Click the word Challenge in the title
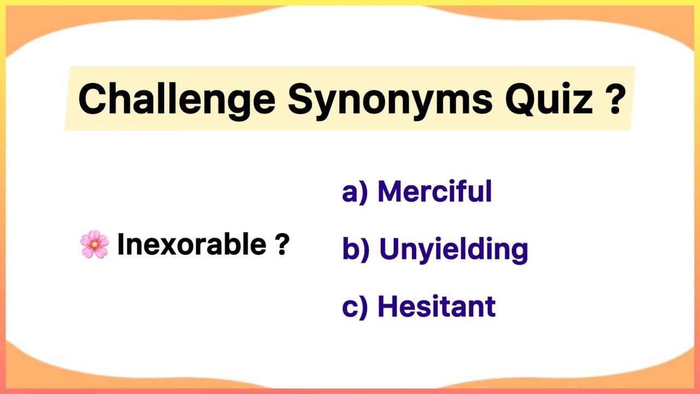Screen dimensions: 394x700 coord(176,99)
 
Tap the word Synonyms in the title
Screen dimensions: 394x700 coord(390,99)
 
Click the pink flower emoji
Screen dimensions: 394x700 coord(94,244)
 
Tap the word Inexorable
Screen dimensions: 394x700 coord(191,244)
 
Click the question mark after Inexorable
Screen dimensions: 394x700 coord(282,245)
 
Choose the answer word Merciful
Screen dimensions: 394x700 coord(435,192)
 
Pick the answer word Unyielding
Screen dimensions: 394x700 coord(453,249)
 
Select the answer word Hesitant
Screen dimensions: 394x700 coord(436,306)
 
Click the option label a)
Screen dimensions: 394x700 coord(354,192)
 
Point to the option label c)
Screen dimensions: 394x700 coord(354,307)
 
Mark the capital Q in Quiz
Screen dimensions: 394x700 coord(520,99)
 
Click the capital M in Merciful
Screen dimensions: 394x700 coord(392,192)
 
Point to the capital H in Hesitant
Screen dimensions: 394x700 coord(388,306)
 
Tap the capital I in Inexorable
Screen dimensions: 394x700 coord(121,244)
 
